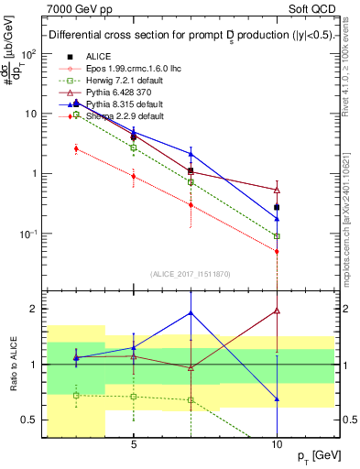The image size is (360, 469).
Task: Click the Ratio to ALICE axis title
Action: [12, 365]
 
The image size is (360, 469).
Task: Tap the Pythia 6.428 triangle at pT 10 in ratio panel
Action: [277, 311]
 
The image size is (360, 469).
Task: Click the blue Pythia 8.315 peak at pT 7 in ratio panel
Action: [191, 312]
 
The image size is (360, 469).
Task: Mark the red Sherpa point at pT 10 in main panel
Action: [277, 251]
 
